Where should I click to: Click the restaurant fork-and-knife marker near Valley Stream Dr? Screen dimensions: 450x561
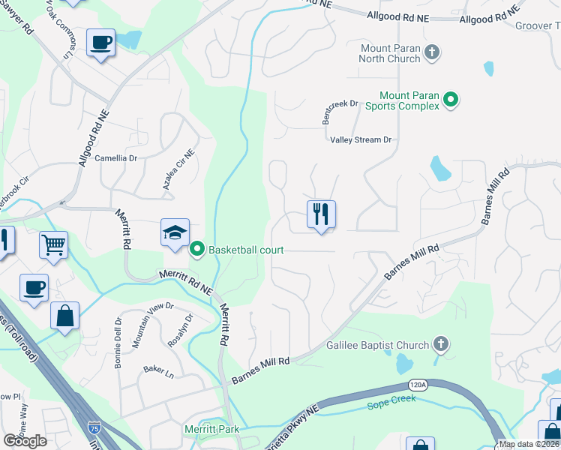pos(321,215)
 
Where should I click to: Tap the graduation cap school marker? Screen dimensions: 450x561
pos(174,233)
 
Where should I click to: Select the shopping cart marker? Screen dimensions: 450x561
pos(53,244)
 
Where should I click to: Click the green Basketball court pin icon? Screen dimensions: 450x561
pos(198,249)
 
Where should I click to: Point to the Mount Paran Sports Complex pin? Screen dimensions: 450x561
pos(450,100)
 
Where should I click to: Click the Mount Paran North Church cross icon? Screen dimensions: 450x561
pos(431,52)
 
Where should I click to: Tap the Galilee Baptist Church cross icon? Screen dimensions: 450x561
pos(441,345)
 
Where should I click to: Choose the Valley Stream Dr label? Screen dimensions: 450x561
pos(361,140)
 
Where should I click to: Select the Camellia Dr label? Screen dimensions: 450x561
pos(116,158)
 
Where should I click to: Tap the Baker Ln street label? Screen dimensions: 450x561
pos(158,370)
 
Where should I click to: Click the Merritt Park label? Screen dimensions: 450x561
pos(211,429)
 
